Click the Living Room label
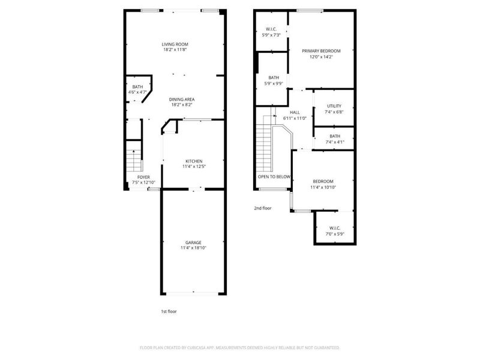point(175,44)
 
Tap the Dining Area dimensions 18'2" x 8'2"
point(181,105)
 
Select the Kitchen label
point(193,161)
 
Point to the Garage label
point(193,242)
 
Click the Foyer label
point(143,177)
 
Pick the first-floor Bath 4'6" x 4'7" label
point(137,87)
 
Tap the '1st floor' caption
point(169,311)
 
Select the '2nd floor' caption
point(263,208)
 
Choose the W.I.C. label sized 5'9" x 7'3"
point(271,30)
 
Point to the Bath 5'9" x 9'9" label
point(274,77)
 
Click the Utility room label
point(334,106)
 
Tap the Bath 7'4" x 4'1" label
point(334,136)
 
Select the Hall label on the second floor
point(295,112)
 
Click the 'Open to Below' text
point(274,177)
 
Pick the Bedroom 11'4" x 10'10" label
point(323,181)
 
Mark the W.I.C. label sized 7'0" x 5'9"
point(335,227)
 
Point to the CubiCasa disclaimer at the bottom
point(240,347)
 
